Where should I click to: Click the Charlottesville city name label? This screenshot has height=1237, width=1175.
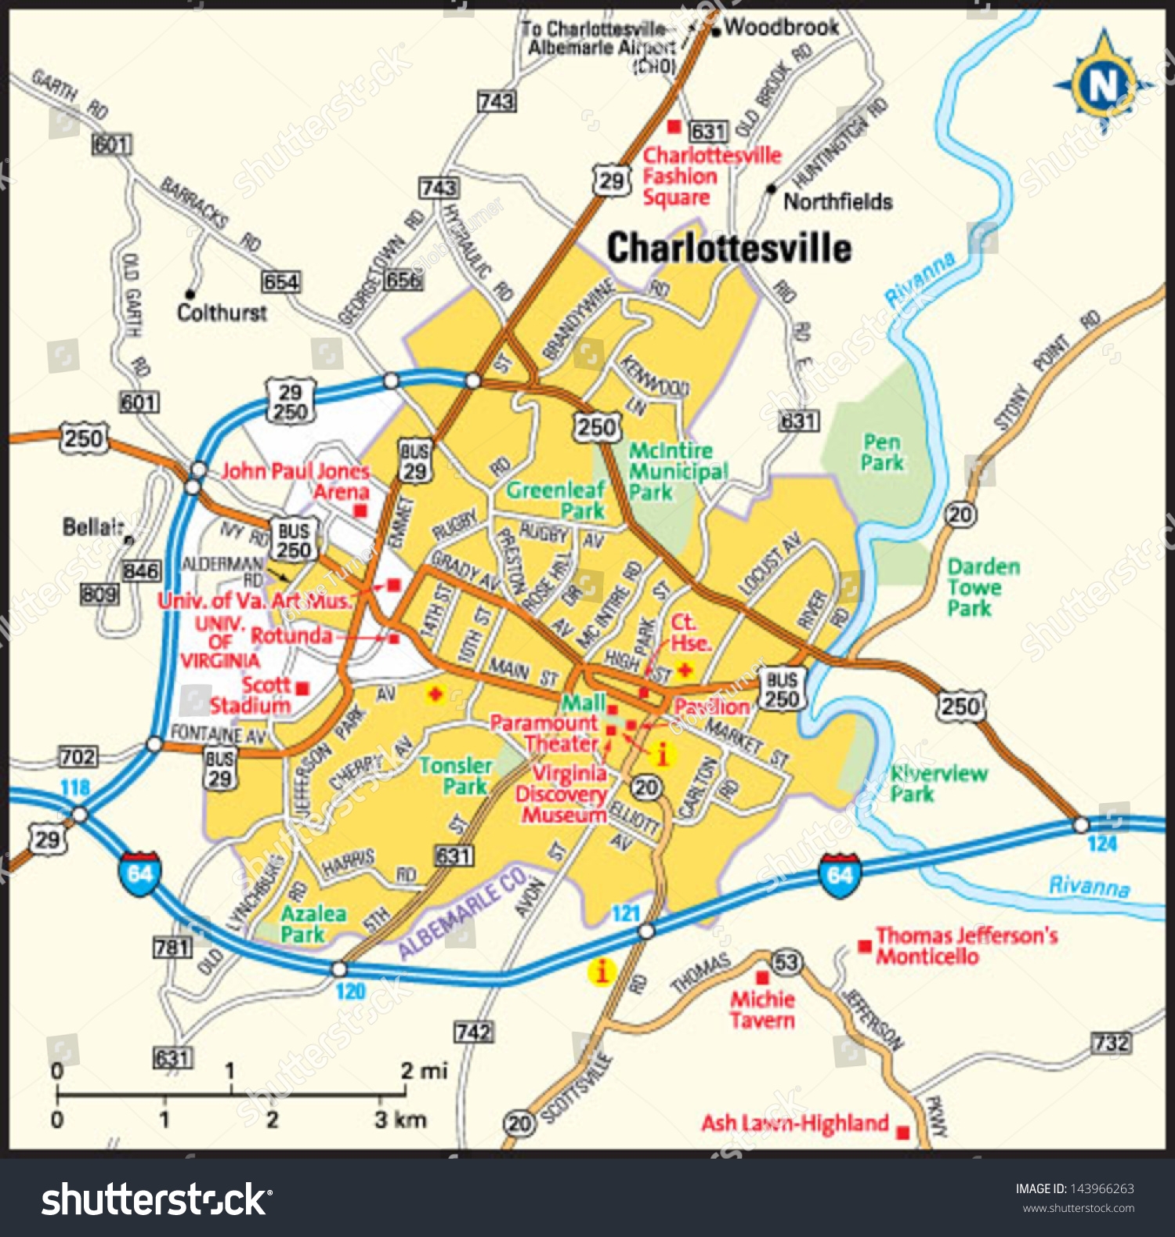728,248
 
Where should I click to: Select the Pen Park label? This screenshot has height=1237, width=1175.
881,453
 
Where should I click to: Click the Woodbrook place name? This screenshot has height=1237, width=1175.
781,27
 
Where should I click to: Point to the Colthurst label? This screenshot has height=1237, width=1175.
222,313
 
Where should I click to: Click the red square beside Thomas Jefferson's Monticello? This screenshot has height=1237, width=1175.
865,946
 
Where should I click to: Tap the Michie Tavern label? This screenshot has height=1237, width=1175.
762,1010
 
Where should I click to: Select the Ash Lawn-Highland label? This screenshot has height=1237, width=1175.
794,1123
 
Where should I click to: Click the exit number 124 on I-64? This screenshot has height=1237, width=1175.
1101,845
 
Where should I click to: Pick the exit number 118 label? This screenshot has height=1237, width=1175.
75,787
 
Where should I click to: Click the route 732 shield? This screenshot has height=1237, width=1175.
1112,1043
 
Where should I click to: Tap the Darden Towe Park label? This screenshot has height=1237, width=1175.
983,588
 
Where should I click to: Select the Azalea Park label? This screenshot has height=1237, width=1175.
313,924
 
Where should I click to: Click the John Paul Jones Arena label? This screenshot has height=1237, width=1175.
295,481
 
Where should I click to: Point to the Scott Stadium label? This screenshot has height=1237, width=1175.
251,696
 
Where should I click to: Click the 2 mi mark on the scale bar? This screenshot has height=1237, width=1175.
424,1071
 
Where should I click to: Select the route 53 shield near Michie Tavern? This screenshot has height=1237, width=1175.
786,963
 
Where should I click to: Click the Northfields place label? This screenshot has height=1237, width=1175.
837,202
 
